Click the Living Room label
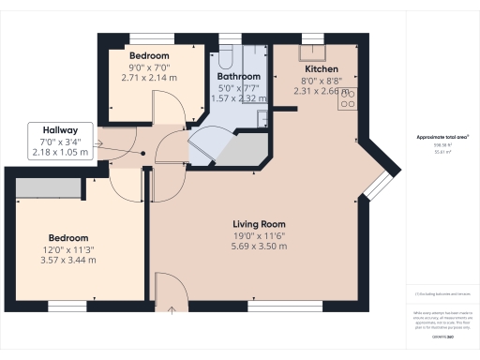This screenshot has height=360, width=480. point(259,224)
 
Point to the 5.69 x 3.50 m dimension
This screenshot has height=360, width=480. point(259,247)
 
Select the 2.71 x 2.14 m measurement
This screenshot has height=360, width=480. point(150,78)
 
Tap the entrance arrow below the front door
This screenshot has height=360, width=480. point(172,308)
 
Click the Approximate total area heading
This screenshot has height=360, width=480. point(442,137)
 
